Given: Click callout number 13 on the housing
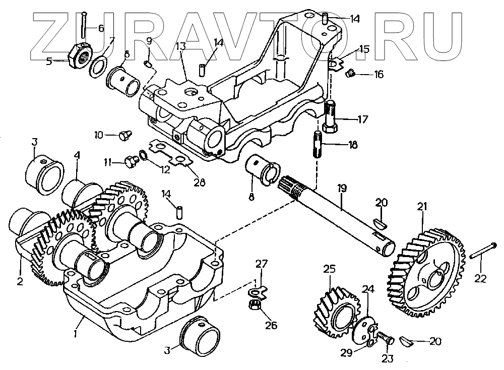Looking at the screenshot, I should pyautogui.click(x=181, y=46).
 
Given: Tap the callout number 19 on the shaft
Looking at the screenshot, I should pyautogui.click(x=342, y=189).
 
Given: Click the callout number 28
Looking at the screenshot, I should pyautogui.click(x=200, y=182).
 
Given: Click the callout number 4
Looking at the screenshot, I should pyautogui.click(x=77, y=156).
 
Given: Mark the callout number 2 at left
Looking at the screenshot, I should pyautogui.click(x=20, y=281).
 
